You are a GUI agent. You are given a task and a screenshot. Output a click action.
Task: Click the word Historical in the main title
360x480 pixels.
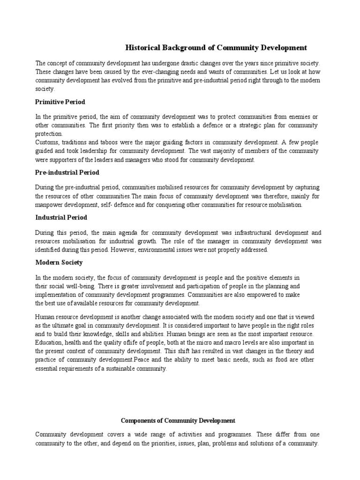point(142,47)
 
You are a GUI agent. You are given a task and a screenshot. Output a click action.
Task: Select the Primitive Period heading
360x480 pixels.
point(60,102)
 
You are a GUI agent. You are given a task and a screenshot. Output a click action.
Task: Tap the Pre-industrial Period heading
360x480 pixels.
point(67,172)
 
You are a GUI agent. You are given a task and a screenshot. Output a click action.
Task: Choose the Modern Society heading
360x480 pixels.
point(59,262)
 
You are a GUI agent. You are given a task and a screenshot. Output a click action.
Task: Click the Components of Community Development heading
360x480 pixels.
point(178,420)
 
